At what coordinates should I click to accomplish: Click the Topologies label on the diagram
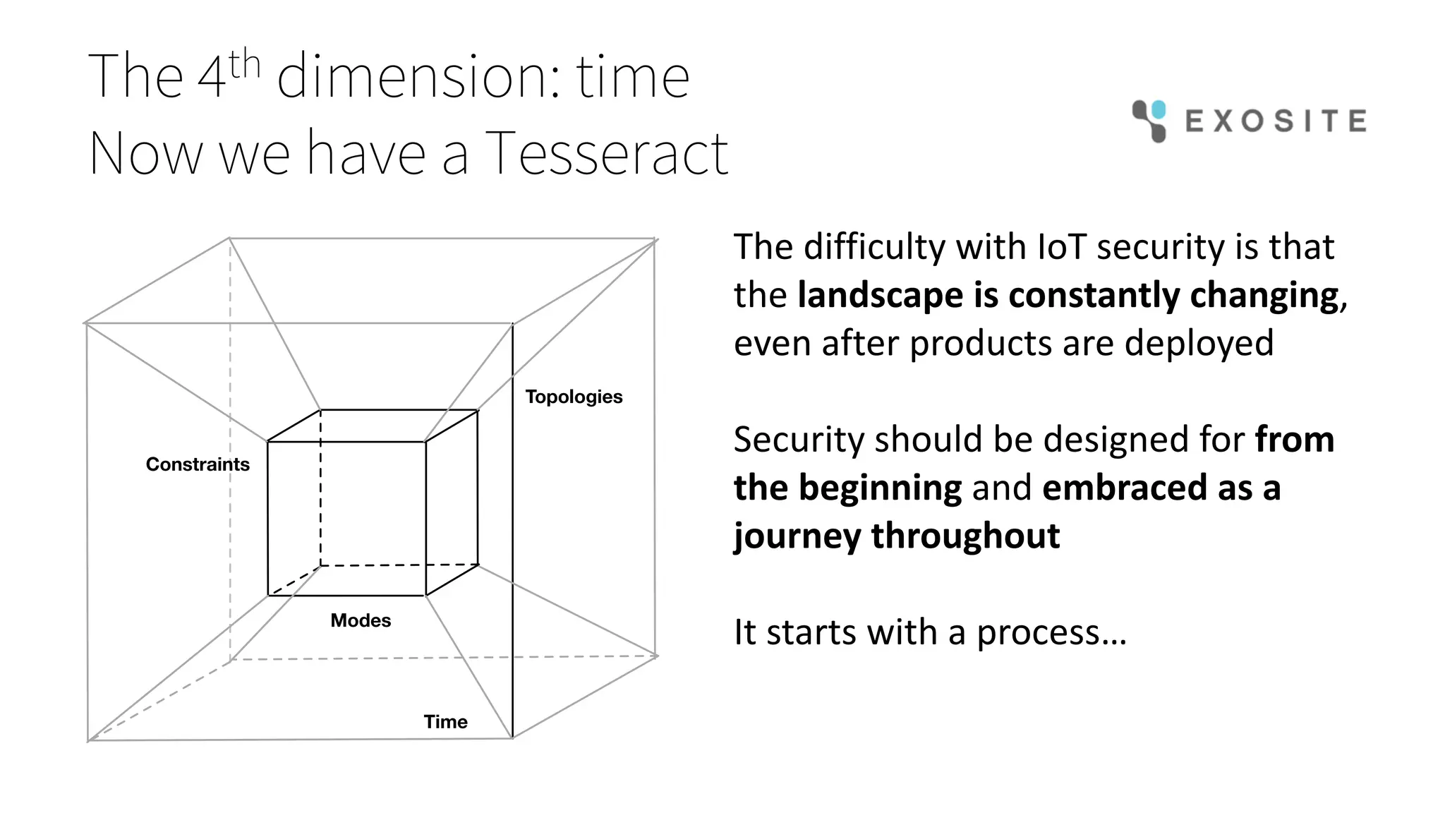pyautogui.click(x=574, y=397)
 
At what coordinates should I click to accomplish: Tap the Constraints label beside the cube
pyautogui.click(x=198, y=464)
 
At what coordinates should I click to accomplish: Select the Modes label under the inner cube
pyautogui.click(x=361, y=620)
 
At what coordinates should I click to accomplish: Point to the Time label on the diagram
pyautogui.click(x=445, y=721)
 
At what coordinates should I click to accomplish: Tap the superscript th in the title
pyautogui.click(x=245, y=65)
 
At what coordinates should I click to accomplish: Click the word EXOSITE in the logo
pyautogui.click(x=1276, y=121)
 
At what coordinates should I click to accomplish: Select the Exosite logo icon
pyautogui.click(x=1149, y=121)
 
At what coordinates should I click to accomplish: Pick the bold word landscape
pyautogui.click(x=880, y=295)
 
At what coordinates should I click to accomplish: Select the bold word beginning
pyautogui.click(x=880, y=488)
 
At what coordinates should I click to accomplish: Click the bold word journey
pyautogui.click(x=797, y=536)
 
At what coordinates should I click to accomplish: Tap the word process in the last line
pyautogui.click(x=1038, y=632)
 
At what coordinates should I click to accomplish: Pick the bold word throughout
pyautogui.click(x=965, y=536)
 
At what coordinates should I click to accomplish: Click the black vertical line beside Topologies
pyautogui.click(x=513, y=529)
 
